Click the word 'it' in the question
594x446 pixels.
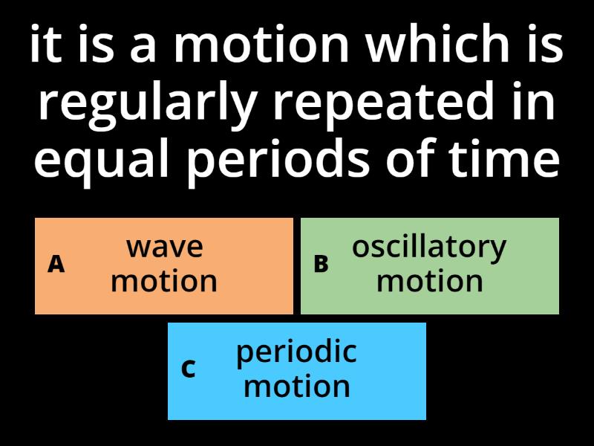coord(44,46)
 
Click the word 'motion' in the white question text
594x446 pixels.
coord(261,46)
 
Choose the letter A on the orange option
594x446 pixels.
coord(56,264)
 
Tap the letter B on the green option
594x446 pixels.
coord(321,264)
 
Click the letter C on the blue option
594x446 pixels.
coord(189,369)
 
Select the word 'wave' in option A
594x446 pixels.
coord(164,247)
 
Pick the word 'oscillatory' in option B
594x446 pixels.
coord(429,247)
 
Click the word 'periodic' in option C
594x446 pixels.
coord(296,352)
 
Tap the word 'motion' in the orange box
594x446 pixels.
coord(164,282)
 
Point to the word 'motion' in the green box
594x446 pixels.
coord(429,282)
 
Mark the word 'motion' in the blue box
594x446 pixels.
coord(296,387)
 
